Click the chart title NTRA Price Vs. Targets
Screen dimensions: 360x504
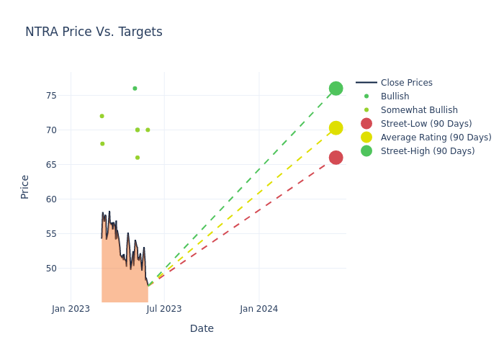tap(94, 32)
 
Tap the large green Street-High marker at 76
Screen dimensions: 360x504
tap(336, 89)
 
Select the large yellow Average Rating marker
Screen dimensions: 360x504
tap(336, 128)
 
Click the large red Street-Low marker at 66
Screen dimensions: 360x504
tap(336, 158)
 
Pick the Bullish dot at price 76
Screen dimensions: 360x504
tap(135, 89)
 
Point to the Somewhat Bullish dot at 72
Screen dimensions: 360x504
tap(102, 116)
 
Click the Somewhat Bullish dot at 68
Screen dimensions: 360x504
tap(102, 144)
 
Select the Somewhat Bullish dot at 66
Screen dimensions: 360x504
tap(138, 158)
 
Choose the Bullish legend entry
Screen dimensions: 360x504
tap(395, 96)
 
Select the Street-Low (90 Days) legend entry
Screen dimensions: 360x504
tap(426, 124)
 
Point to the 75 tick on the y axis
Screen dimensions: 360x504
tap(52, 96)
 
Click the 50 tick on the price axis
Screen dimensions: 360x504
tap(52, 268)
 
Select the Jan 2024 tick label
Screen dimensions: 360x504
tap(259, 309)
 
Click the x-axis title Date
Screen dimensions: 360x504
tap(202, 328)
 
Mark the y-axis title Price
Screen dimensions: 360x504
tap(25, 186)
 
